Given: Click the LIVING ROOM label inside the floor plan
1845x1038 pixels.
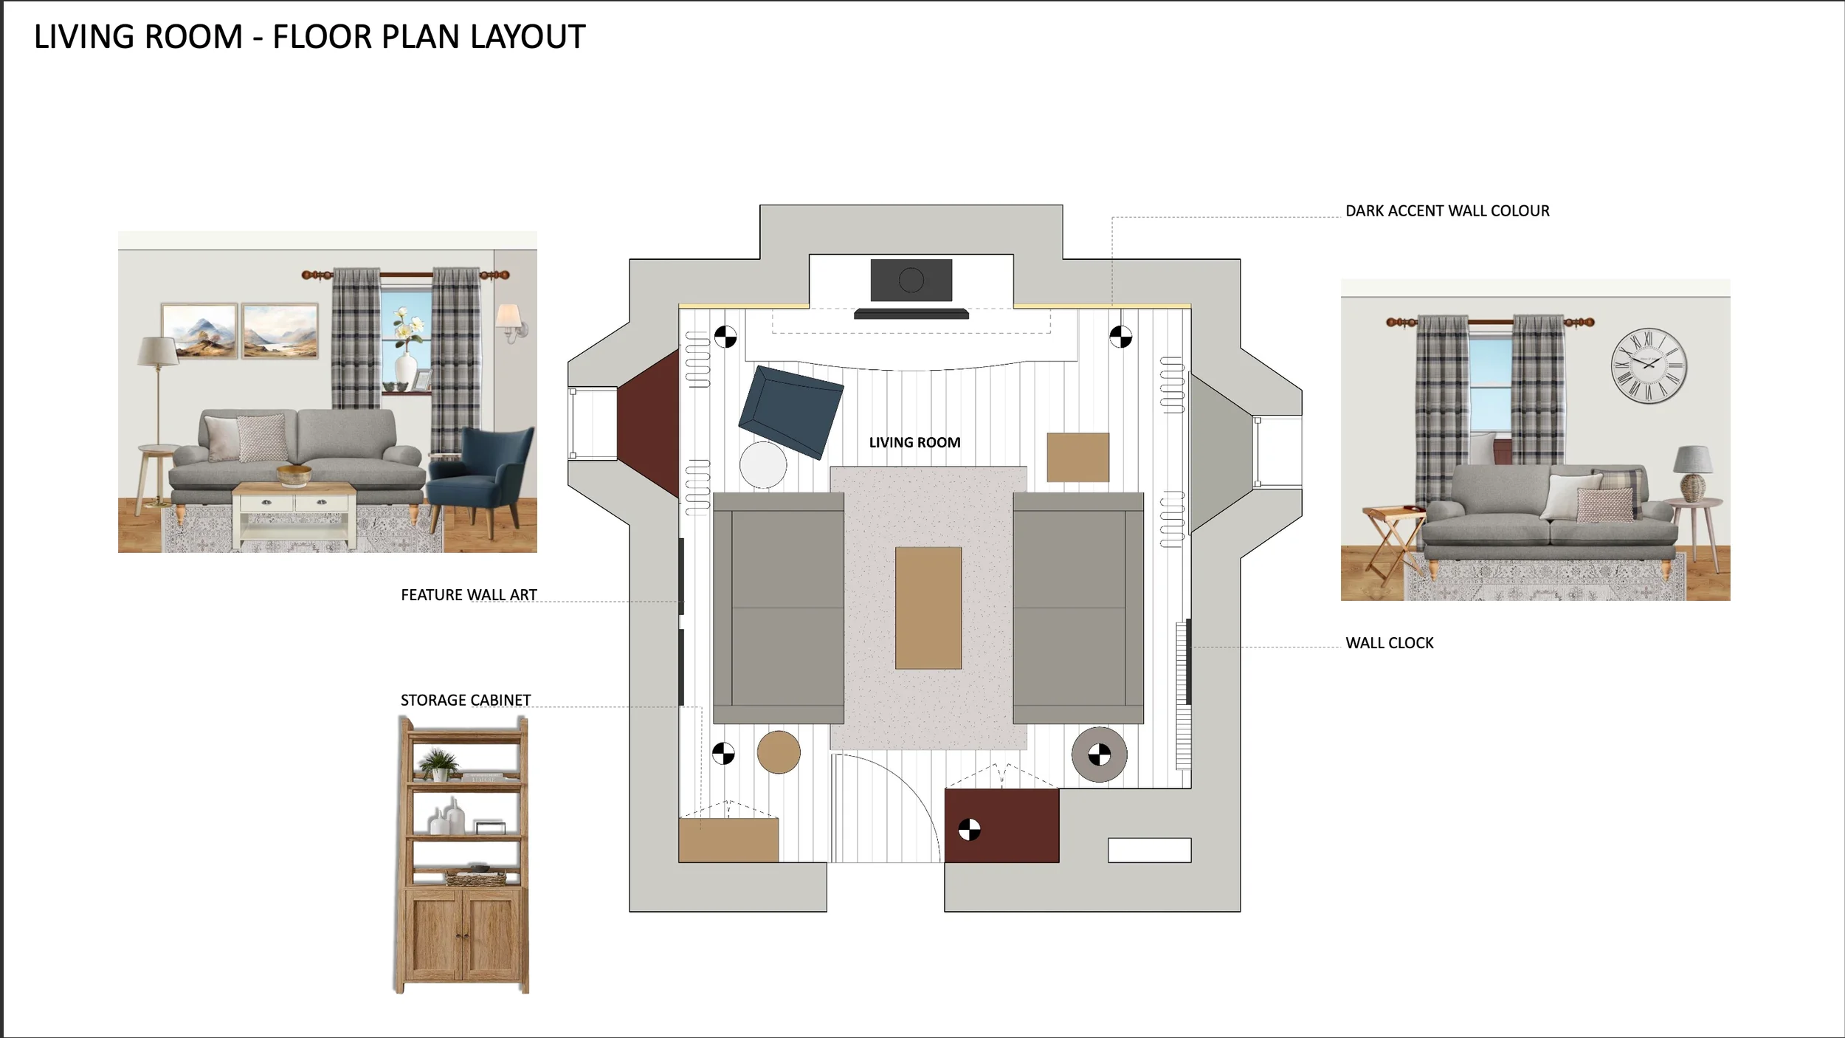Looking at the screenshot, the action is coord(914,442).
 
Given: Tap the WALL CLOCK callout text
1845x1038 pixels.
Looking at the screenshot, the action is coord(1389,643).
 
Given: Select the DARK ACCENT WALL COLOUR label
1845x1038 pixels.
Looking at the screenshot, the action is coord(1447,211).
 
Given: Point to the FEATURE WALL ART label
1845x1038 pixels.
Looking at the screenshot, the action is coord(469,595).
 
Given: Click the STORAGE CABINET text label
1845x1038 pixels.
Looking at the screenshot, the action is coord(466,700).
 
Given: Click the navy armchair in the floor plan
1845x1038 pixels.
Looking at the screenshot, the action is coord(791,411).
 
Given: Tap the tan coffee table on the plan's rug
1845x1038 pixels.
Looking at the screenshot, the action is coord(928,608).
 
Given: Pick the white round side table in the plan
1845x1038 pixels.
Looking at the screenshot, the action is coord(763,465).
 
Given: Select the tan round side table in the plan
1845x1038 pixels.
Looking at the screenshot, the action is coord(779,752).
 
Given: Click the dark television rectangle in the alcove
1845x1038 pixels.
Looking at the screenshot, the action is coord(911,280).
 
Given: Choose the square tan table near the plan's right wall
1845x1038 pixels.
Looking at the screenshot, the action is coord(1077,458).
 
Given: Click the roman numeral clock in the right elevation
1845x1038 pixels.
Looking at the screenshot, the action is coord(1649,365).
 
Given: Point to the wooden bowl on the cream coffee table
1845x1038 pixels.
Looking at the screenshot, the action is coord(294,475).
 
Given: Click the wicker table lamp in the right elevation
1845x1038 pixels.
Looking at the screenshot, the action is coord(1694,473).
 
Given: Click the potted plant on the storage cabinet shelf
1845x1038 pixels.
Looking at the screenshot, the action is coord(438,764).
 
